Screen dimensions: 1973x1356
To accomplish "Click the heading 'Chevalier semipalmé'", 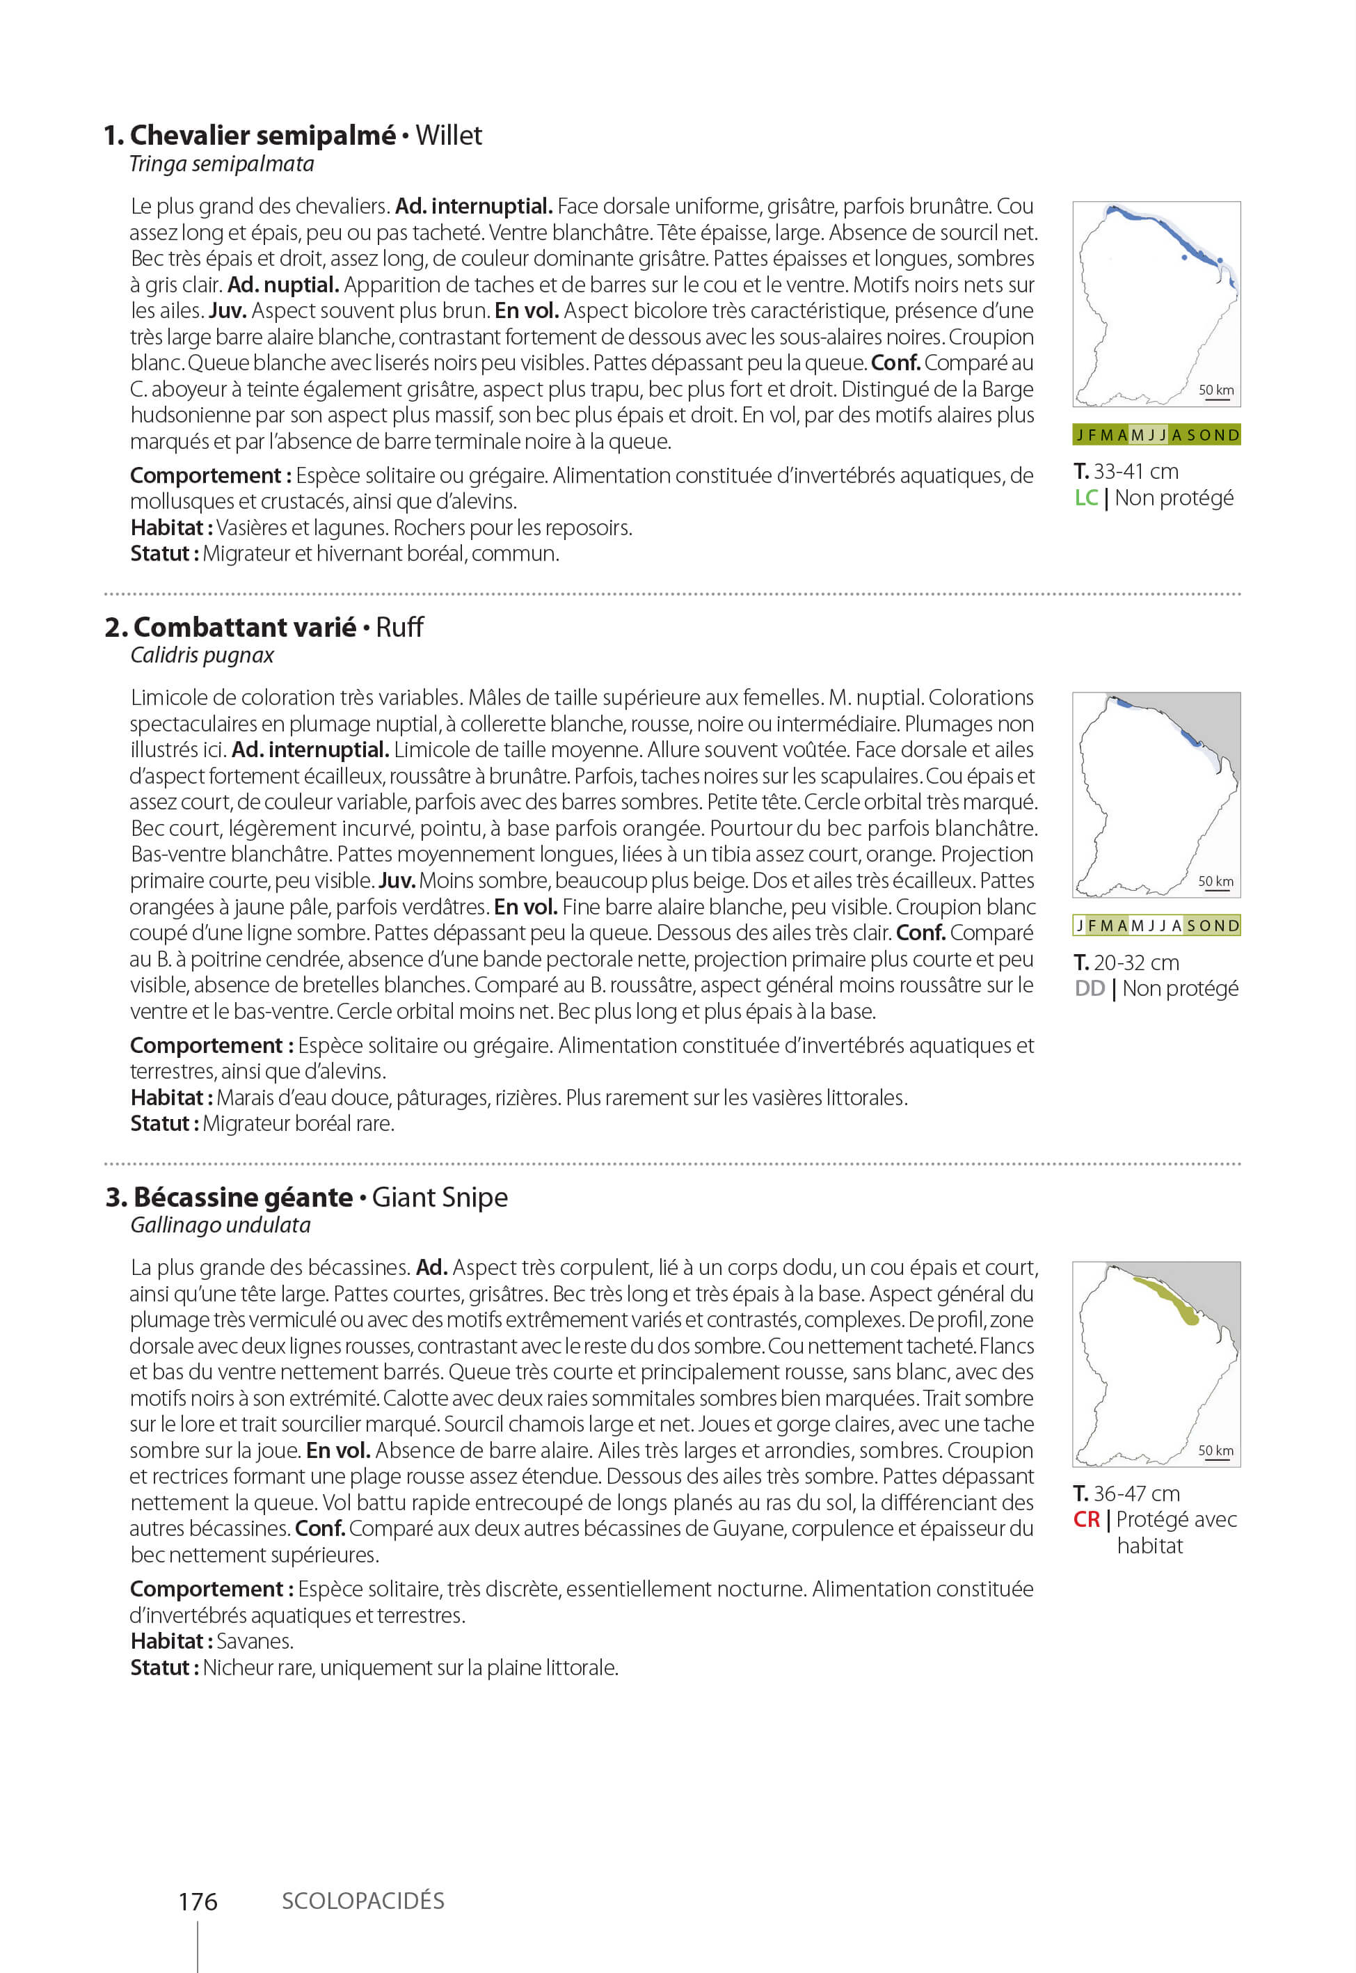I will click(262, 135).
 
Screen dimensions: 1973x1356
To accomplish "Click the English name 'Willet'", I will click(449, 135).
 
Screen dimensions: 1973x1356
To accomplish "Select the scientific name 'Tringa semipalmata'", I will click(221, 164).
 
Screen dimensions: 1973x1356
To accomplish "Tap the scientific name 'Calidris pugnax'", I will click(202, 655).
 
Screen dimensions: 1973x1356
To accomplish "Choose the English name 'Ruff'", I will click(399, 627).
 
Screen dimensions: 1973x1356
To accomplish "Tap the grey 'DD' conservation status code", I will click(1090, 988).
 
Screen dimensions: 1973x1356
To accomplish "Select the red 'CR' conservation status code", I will click(1087, 1519).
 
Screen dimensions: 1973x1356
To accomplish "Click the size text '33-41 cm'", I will click(1136, 472).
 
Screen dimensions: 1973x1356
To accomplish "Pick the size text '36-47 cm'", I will click(1136, 1493).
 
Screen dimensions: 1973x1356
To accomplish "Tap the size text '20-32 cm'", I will click(1136, 962).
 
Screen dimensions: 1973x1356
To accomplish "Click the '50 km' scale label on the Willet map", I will click(1216, 390).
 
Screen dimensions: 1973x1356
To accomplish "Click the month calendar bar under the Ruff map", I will click(1156, 926).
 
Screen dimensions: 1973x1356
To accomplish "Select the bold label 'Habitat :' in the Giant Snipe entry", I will click(170, 1641).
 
